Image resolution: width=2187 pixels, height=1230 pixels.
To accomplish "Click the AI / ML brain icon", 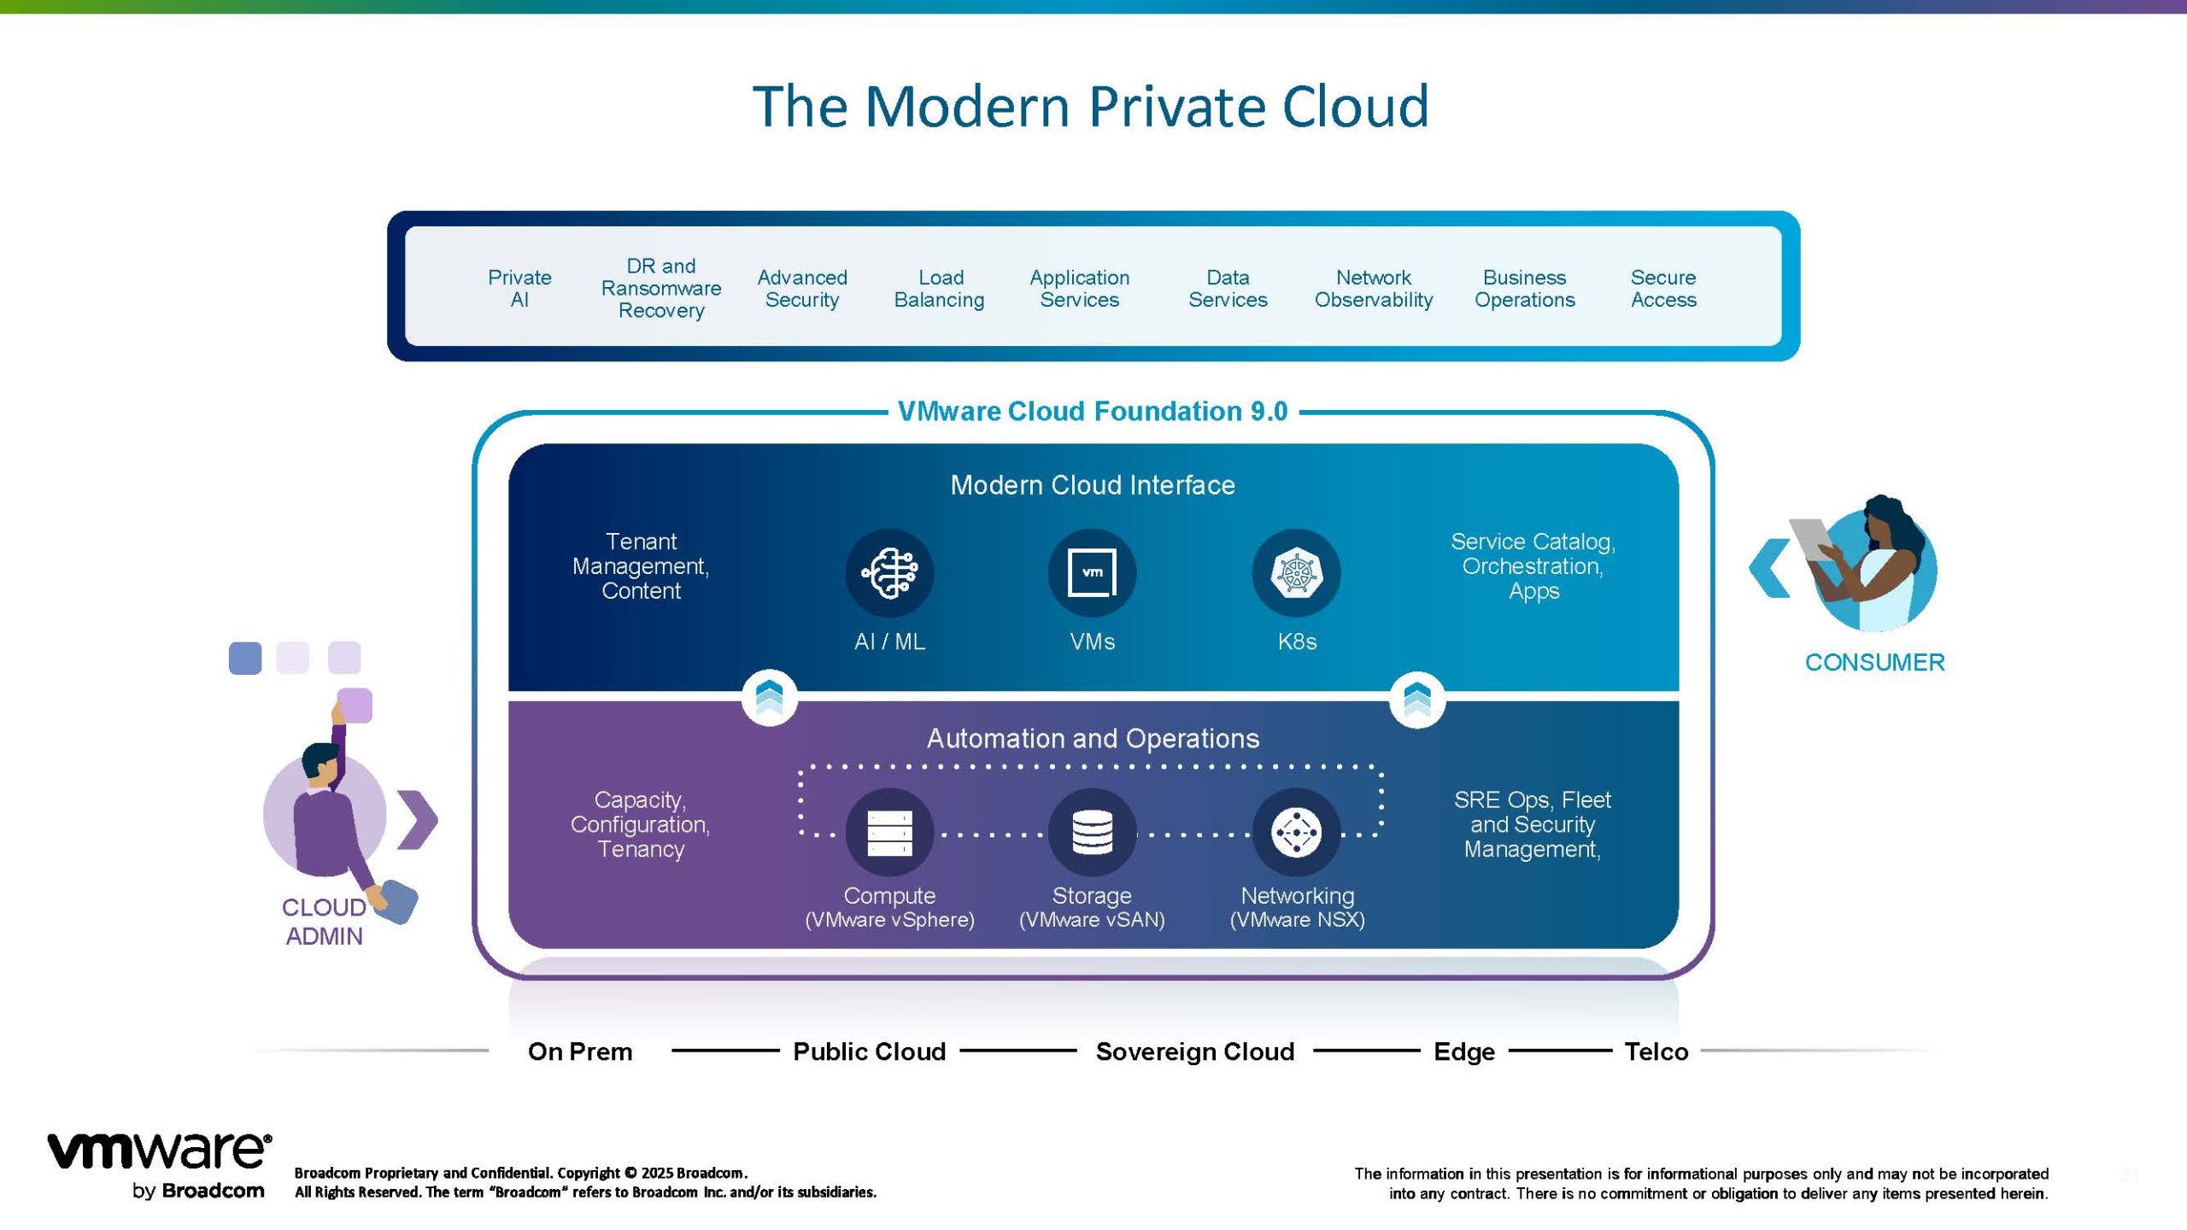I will pyautogui.click(x=889, y=573).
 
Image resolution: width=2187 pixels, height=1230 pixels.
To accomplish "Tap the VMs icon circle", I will pyautogui.click(x=1092, y=573).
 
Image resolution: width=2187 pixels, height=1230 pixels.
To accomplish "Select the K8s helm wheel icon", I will pyautogui.click(x=1296, y=573).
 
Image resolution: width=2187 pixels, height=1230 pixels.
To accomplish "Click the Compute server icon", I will pyautogui.click(x=889, y=832).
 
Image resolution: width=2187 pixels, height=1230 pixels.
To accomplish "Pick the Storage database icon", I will pyautogui.click(x=1092, y=832).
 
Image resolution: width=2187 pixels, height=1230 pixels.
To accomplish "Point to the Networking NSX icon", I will pyautogui.click(x=1296, y=832).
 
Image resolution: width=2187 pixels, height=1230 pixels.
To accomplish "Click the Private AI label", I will pyautogui.click(x=519, y=289).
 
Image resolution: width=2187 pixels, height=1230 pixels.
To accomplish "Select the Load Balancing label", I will pyautogui.click(x=939, y=289).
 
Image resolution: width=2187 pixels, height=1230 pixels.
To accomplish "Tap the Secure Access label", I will pyautogui.click(x=1662, y=289).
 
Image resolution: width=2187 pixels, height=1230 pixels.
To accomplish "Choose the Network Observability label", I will pyautogui.click(x=1373, y=289).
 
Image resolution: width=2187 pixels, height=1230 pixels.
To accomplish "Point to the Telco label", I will pyautogui.click(x=1656, y=1051).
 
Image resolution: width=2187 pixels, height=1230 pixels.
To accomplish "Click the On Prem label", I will pyautogui.click(x=580, y=1051).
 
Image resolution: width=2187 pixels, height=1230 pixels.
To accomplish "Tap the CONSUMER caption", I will pyautogui.click(x=1874, y=662).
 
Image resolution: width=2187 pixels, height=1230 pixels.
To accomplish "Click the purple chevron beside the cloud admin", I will pyautogui.click(x=418, y=820).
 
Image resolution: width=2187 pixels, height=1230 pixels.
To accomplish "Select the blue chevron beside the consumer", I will pyautogui.click(x=1769, y=568).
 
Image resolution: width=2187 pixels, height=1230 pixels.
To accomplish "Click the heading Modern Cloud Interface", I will pyautogui.click(x=1093, y=485).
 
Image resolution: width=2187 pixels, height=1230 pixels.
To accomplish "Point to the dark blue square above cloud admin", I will pyautogui.click(x=245, y=659).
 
